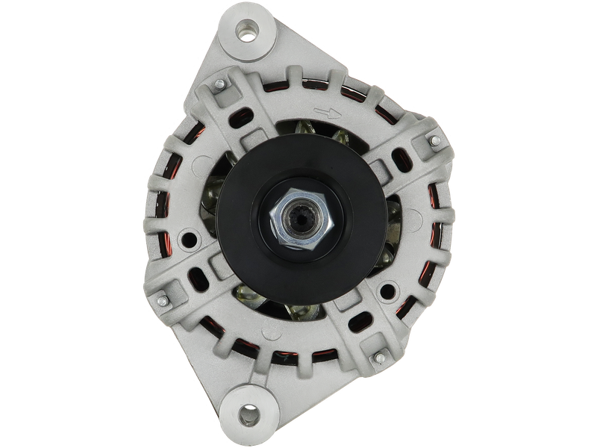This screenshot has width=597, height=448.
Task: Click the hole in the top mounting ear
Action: (x=247, y=31)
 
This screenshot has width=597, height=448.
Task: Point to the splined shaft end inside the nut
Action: (x=301, y=220)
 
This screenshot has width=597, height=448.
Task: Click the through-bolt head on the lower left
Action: (x=161, y=299)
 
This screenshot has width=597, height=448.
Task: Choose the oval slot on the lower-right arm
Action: (x=361, y=321)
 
